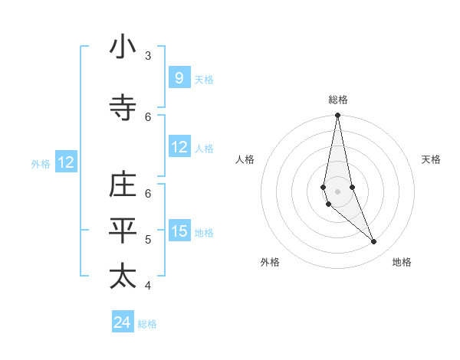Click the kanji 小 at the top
coord(123,48)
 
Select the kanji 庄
coord(123,186)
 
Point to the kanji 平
coord(123,231)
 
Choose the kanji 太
coord(123,277)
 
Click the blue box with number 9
coord(179,78)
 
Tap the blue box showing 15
coord(179,231)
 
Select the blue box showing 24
coord(122,322)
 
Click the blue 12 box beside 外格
coord(65,162)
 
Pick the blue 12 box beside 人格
coord(179,147)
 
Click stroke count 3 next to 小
coord(148,55)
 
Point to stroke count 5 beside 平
coord(148,239)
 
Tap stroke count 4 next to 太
coord(148,285)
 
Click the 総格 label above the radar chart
coord(337,100)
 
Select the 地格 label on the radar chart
coord(402,262)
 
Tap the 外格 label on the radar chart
coord(270,262)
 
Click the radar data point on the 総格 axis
coord(337,116)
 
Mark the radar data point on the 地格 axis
coord(373,241)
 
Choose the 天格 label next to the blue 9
coord(203,79)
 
